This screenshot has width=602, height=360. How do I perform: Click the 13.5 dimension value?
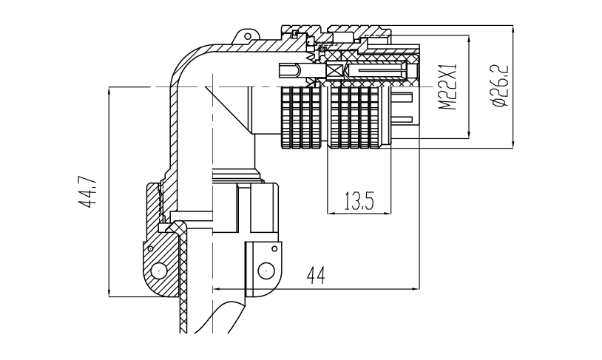[x=357, y=201]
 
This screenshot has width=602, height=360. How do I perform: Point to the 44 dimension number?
[x=317, y=275]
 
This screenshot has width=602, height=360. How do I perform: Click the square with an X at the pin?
[x=335, y=72]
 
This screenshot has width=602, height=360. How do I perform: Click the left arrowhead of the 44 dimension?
[x=216, y=288]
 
